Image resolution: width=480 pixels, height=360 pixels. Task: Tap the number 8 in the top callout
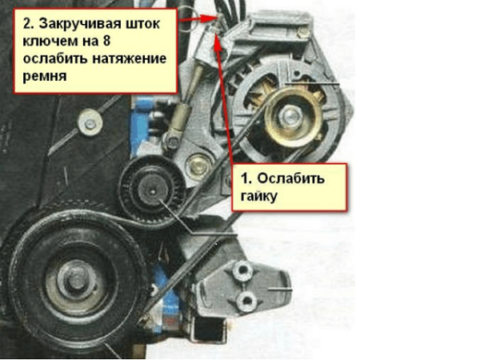106,41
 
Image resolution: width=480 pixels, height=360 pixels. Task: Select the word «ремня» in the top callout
44,76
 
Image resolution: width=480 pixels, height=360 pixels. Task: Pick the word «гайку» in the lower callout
259,196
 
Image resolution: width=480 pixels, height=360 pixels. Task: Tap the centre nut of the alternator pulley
290,116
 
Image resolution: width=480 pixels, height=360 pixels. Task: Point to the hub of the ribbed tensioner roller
153,191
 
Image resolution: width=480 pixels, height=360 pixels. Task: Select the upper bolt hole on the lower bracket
242,270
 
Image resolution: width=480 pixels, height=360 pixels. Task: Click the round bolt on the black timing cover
90,124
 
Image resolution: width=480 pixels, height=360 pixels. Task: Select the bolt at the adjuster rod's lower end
174,142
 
